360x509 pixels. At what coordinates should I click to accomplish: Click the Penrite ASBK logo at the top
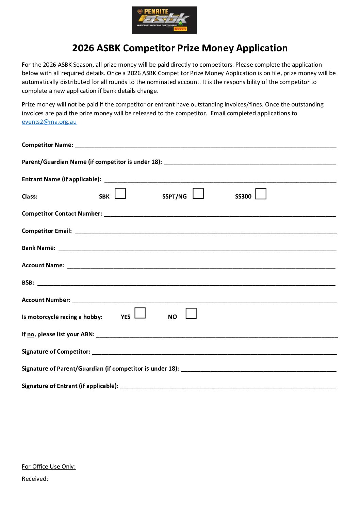pyautogui.click(x=164, y=20)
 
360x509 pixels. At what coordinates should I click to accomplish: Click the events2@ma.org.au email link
pyautogui.click(x=49, y=122)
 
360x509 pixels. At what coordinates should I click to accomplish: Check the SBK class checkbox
pyautogui.click(x=120, y=193)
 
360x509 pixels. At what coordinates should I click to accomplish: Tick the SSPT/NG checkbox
pyautogui.click(x=198, y=193)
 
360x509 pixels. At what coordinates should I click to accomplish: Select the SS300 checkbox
pyautogui.click(x=261, y=194)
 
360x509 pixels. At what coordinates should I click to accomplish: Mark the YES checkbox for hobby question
pyautogui.click(x=140, y=313)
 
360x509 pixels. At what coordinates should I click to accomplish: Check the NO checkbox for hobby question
pyautogui.click(x=191, y=313)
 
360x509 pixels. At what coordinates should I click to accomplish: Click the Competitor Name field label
pyautogui.click(x=47, y=145)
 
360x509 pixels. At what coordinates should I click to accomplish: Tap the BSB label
pyautogui.click(x=28, y=283)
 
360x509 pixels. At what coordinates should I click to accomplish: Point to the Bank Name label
pyautogui.click(x=38, y=248)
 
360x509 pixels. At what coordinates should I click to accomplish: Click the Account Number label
pyautogui.click(x=46, y=300)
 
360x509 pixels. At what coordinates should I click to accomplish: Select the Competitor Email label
pyautogui.click(x=47, y=231)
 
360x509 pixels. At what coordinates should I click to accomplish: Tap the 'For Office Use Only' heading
pyautogui.click(x=49, y=466)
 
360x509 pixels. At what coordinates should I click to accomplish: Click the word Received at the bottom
pyautogui.click(x=35, y=479)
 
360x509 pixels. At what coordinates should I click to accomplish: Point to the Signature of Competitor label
pyautogui.click(x=56, y=352)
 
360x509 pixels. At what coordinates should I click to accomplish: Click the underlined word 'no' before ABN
pyautogui.click(x=31, y=334)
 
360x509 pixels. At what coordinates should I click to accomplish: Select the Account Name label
pyautogui.click(x=43, y=265)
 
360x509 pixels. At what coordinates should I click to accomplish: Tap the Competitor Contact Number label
pyautogui.click(x=62, y=214)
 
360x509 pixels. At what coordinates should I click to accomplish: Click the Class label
pyautogui.click(x=29, y=197)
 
